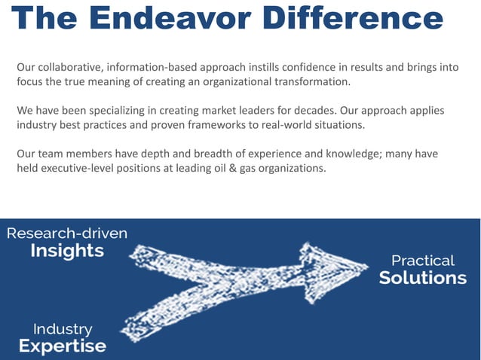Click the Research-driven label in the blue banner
click(67, 233)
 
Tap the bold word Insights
click(67, 252)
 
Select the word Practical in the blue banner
click(422, 261)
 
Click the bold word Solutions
click(422, 278)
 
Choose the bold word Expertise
click(63, 346)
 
